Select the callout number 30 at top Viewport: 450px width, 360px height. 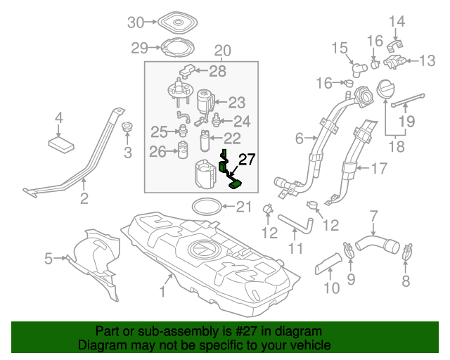click(x=134, y=23)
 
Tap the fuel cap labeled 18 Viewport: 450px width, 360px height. click(x=388, y=91)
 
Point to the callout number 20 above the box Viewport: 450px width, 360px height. click(x=222, y=51)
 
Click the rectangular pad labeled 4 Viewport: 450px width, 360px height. click(x=62, y=143)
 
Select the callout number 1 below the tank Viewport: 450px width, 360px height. click(x=162, y=290)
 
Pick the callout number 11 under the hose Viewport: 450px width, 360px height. click(x=295, y=248)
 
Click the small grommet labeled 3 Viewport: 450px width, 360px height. click(x=127, y=129)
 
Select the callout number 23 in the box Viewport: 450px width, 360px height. click(x=236, y=102)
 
